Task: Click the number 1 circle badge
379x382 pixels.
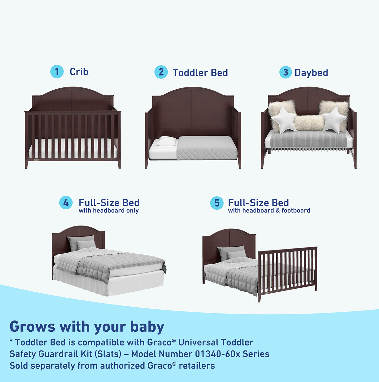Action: click(57, 72)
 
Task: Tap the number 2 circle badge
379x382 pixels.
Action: click(161, 72)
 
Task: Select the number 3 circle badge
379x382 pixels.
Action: click(285, 72)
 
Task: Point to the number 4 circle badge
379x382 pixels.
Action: click(66, 203)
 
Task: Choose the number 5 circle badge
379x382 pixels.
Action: click(217, 203)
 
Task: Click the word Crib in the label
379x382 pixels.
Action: click(79, 72)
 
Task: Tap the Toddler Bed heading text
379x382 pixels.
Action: click(200, 72)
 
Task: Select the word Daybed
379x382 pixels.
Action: click(311, 72)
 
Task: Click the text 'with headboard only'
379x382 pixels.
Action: click(109, 211)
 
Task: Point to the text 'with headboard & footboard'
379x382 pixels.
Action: click(269, 211)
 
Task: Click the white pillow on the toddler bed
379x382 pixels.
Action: click(167, 141)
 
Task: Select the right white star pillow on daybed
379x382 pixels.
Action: click(334, 119)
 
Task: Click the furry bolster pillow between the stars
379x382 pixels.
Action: click(309, 123)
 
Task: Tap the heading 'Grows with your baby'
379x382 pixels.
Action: click(87, 326)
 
